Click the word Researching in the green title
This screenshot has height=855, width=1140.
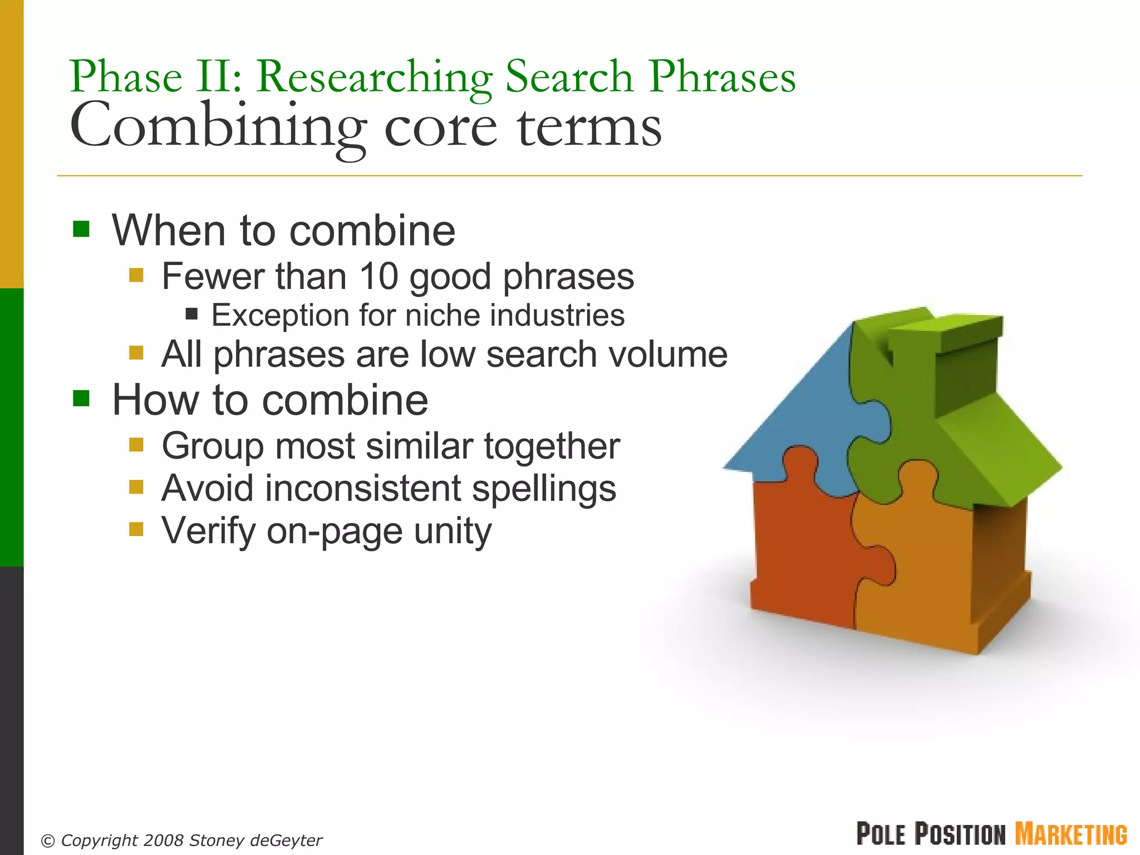[374, 78]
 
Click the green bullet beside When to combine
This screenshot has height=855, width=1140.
[81, 229]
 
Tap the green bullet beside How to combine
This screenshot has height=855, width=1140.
[81, 399]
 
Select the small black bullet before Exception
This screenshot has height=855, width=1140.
[191, 315]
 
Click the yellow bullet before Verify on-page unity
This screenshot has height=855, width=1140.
[136, 529]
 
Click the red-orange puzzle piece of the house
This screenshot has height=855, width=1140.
[802, 551]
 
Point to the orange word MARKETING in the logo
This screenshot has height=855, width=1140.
[1071, 834]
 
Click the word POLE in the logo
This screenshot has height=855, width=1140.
[882, 834]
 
